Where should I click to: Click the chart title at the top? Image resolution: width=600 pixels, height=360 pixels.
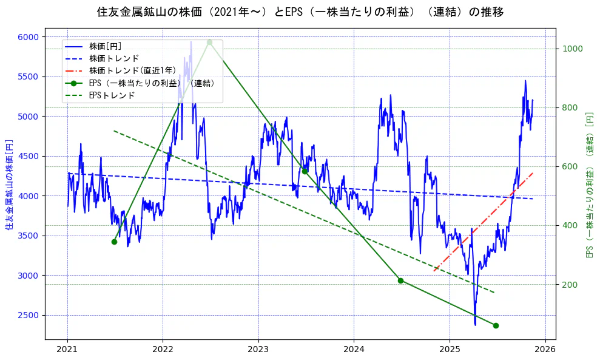point(300,12)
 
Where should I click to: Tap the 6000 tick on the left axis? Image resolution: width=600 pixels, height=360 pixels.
point(28,37)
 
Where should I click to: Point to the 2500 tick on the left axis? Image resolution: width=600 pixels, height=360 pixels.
point(28,315)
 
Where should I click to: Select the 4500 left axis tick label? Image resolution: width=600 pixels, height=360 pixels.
point(28,156)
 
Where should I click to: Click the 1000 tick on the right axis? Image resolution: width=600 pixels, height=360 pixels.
point(573,49)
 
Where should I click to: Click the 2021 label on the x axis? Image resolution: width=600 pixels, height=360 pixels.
point(67,350)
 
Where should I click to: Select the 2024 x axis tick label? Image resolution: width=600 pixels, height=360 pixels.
point(354,350)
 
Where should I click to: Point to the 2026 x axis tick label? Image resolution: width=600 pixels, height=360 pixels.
point(545,350)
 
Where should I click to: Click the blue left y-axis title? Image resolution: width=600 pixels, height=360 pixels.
point(9,185)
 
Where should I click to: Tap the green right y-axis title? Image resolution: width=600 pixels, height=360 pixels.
point(589,185)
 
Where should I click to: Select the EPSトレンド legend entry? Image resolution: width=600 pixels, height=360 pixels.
point(112,95)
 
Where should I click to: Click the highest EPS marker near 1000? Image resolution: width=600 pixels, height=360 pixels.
point(209,42)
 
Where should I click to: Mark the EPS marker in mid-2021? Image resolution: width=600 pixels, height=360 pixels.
point(114,242)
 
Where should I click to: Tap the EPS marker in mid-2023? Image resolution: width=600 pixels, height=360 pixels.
point(305,171)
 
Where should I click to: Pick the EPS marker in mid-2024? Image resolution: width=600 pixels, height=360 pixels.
point(400,280)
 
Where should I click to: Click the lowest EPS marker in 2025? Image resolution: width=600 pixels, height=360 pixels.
point(496,325)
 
